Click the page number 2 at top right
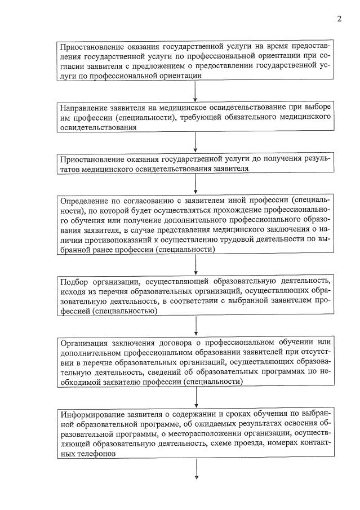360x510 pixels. [x=339, y=19]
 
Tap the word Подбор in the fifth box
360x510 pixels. [x=74, y=280]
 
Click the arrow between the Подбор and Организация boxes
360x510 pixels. [x=195, y=325]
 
